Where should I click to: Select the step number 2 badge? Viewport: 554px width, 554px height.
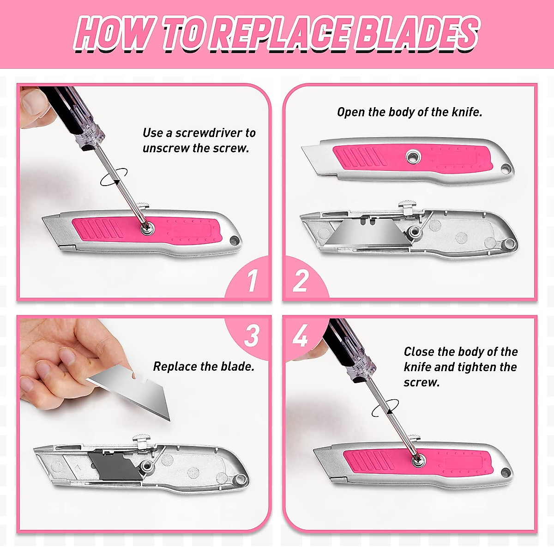[301, 280]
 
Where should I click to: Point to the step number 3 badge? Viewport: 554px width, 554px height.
[252, 336]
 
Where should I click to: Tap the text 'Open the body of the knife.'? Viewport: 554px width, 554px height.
[409, 112]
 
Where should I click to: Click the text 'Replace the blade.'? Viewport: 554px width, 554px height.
[204, 367]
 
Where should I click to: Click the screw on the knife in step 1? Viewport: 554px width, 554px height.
[147, 228]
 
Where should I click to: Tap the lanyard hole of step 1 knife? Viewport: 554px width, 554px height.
[235, 241]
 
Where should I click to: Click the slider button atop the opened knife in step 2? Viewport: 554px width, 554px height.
[409, 205]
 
